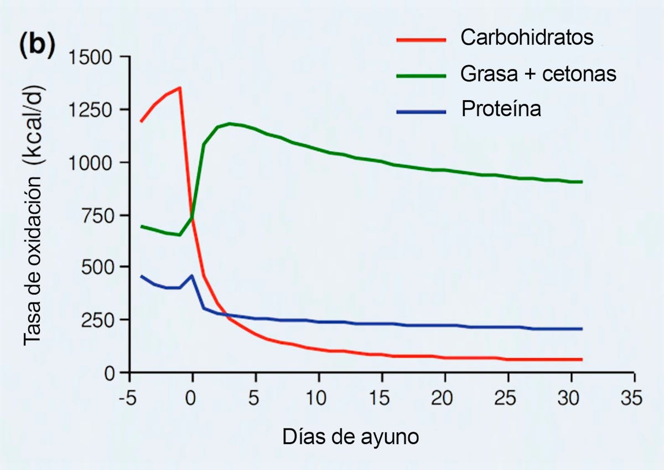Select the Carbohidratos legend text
[x=527, y=38]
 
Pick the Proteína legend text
[x=501, y=109]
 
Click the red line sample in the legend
[x=421, y=39]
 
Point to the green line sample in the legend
[x=421, y=75]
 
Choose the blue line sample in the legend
[x=421, y=111]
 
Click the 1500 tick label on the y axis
[x=91, y=58]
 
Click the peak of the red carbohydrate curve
[x=180, y=87]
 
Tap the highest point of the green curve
[x=229, y=123]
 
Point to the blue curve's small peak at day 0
[x=192, y=275]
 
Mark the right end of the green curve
[x=582, y=182]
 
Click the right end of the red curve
[x=582, y=359]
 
